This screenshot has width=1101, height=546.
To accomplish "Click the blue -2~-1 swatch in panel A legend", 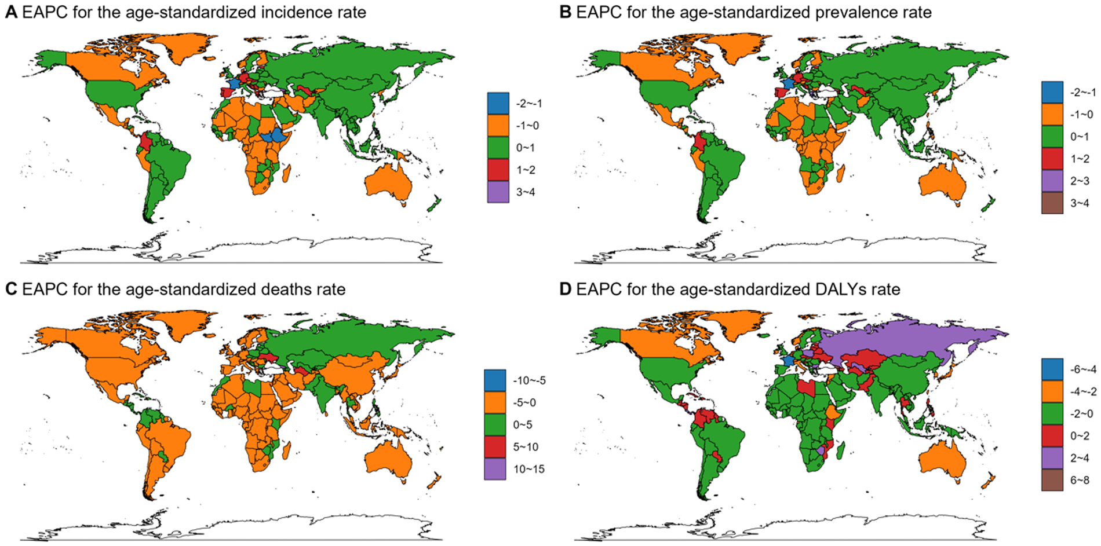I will [498, 103].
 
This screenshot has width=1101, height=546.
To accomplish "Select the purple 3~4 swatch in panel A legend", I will [498, 192].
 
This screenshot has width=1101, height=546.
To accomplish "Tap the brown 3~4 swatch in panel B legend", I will [1052, 203].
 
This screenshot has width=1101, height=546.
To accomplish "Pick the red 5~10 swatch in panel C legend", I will [495, 447].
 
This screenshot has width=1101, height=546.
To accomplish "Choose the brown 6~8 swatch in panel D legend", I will [1052, 480].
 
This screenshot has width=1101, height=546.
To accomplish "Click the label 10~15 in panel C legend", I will [528, 469].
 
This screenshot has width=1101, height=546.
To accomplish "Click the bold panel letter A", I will [10, 12].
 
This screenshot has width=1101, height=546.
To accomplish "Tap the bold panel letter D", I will [565, 290].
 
